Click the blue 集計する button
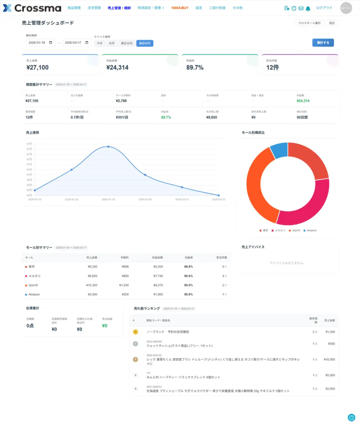click(x=323, y=42)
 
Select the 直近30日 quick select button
click(x=127, y=43)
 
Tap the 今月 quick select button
click(x=99, y=43)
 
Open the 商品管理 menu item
click(x=74, y=8)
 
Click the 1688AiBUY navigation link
click(x=180, y=8)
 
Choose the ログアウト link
click(x=324, y=8)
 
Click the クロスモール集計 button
click(x=309, y=23)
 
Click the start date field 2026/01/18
click(x=40, y=42)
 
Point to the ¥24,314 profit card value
click(x=118, y=67)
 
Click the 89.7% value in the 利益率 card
click(x=195, y=67)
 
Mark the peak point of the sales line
click(x=108, y=146)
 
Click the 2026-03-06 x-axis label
click(x=145, y=199)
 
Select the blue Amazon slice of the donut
click(x=279, y=151)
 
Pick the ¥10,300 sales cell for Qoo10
click(x=91, y=285)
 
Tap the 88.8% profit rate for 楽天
click(x=188, y=267)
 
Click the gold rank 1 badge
click(x=135, y=332)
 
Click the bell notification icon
click(x=308, y=8)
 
